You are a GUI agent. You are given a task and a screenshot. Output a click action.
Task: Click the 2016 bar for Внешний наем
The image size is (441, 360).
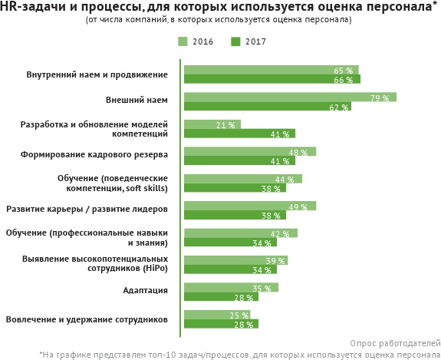pos(290,97)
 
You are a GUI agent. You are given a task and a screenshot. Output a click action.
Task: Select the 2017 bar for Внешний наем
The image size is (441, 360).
pos(267,107)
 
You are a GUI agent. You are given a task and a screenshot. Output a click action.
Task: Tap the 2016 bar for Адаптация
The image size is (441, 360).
pos(231,288)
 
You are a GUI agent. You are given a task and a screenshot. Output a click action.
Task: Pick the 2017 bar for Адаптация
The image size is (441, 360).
pos(221,297)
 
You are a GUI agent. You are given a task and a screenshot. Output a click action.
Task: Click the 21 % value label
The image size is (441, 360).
pos(225,125)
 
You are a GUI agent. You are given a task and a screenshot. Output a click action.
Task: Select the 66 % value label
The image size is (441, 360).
pos(343,80)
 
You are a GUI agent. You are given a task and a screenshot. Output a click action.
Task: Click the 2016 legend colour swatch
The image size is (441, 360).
pos(183,41)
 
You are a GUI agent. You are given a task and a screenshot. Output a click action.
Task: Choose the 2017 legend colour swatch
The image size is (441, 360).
pos(235,41)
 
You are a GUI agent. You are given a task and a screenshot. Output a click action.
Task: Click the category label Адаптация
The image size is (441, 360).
pos(146,290)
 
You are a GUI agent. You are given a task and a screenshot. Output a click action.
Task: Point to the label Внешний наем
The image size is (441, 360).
pos(137,100)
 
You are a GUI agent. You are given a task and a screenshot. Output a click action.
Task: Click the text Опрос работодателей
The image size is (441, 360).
pos(395,342)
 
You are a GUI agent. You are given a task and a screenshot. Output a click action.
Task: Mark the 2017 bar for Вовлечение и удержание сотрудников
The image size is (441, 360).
pos(221,324)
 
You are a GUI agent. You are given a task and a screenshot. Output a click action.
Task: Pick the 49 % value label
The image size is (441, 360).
pos(298,207)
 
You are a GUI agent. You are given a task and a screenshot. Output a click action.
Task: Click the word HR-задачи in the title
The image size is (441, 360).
pos(30,7)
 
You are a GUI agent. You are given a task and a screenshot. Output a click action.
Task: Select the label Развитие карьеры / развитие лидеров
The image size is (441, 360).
pos(87,208)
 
